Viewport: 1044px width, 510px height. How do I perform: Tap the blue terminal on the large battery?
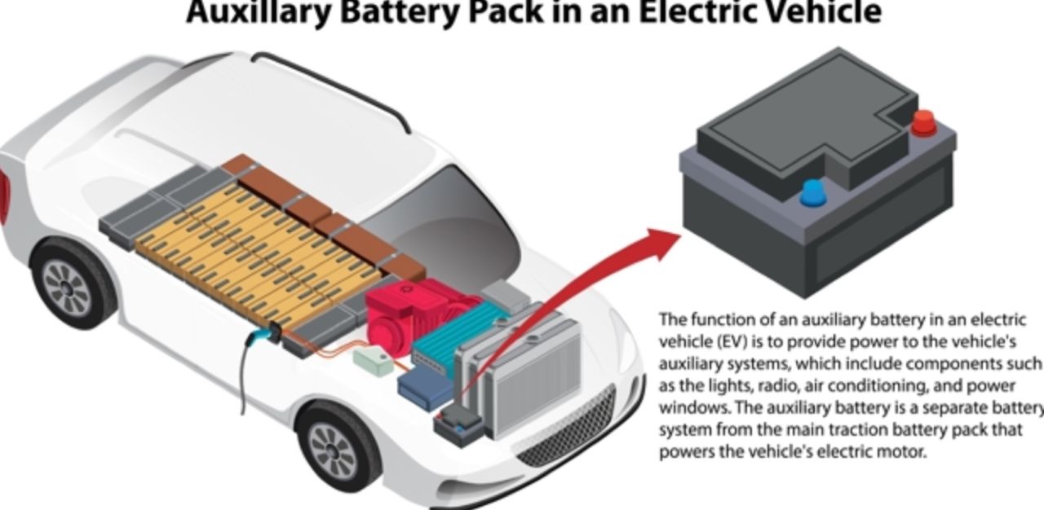[x=812, y=194]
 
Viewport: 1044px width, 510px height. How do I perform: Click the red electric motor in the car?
[x=399, y=313]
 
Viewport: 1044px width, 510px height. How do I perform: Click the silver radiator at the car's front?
[x=530, y=375]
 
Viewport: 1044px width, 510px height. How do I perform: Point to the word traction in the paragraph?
[x=816, y=429]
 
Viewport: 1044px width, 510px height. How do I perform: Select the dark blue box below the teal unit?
[x=426, y=390]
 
